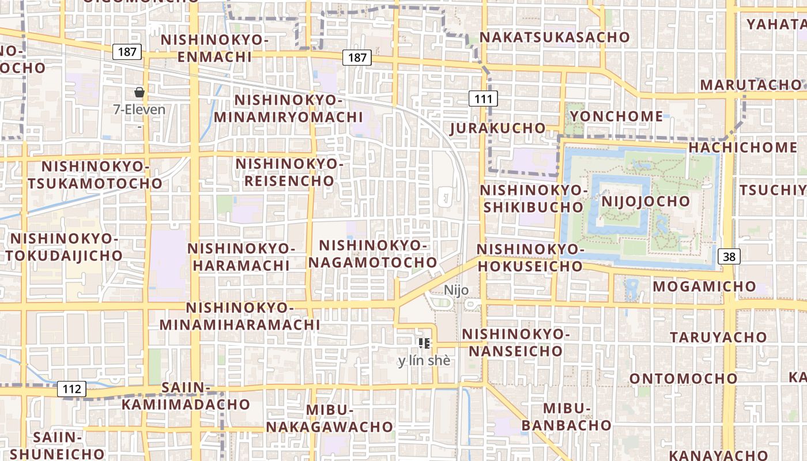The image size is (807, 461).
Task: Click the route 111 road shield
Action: pos(483,99)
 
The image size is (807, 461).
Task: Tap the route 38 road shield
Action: pos(729,256)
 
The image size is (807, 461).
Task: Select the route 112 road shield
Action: pos(72,389)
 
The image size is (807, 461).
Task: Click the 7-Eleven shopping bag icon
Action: pos(139,92)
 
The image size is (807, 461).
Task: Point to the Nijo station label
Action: pos(456,290)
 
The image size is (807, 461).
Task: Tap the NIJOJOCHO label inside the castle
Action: pos(645,201)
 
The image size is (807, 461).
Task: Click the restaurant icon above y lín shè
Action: pos(424,344)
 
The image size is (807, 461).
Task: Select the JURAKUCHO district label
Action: pos(498,128)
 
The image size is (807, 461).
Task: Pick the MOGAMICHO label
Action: pos(704,286)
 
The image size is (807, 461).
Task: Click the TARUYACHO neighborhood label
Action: pos(718,337)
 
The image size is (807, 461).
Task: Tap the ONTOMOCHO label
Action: pos(683,379)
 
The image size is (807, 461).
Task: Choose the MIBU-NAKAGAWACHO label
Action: pos(329,419)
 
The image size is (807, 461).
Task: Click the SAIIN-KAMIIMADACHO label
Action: pos(185,396)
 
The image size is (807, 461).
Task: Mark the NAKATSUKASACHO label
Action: pos(555,37)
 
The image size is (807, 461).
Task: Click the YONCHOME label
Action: pos(616,116)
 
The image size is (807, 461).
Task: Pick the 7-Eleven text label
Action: pos(139,109)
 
